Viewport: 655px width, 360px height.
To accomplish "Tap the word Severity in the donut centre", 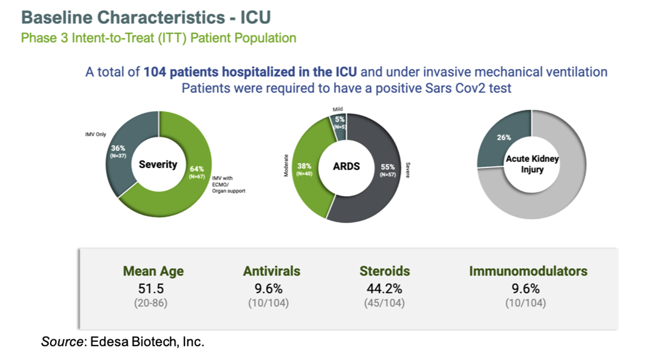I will pyautogui.click(x=158, y=164).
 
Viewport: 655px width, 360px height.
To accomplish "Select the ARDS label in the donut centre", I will pyautogui.click(x=346, y=166).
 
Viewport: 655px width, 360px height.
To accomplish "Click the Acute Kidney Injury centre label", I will pyautogui.click(x=532, y=164).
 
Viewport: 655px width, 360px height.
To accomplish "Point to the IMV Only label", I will pyautogui.click(x=95, y=134).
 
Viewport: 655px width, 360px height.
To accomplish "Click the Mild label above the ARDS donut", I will pyautogui.click(x=338, y=109).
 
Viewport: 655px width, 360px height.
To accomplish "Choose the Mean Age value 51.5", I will pyautogui.click(x=151, y=288).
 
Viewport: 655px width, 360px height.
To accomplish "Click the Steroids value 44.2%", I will pyautogui.click(x=384, y=288).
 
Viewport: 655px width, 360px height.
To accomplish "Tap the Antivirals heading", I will pyautogui.click(x=271, y=271).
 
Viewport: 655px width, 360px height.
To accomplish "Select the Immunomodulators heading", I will pyautogui.click(x=528, y=271).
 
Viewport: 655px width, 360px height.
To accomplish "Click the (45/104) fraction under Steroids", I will pyautogui.click(x=384, y=303).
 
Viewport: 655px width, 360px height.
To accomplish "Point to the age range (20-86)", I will pyautogui.click(x=151, y=303).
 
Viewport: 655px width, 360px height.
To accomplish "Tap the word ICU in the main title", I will pyautogui.click(x=256, y=17).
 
